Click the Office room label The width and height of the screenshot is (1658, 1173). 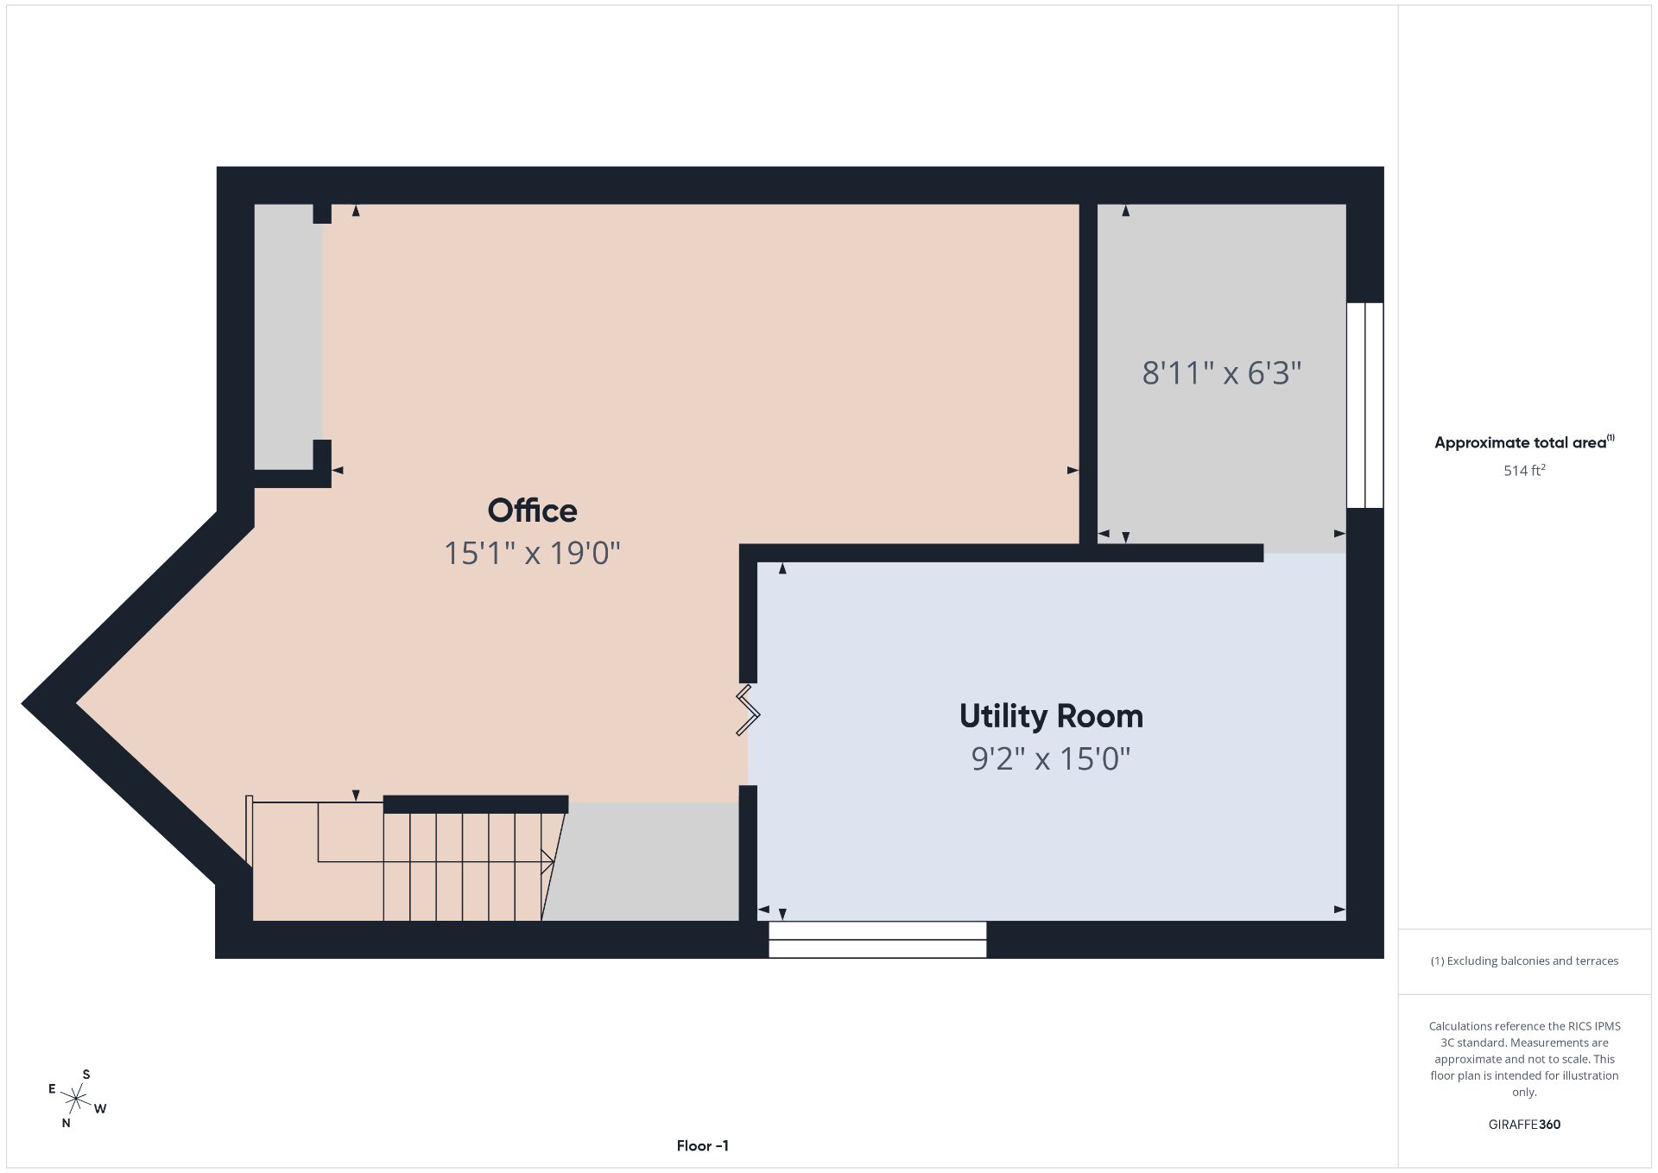point(532,510)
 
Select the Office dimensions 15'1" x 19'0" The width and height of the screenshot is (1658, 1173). point(532,553)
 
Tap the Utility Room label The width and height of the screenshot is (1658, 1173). point(1051,716)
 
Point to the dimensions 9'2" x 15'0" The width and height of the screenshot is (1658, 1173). point(1051,758)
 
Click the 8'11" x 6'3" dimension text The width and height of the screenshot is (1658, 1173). point(1222,373)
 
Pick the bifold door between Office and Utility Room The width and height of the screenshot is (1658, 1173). point(748,710)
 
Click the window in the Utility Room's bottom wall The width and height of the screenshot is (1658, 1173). point(877,940)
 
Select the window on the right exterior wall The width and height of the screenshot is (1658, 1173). point(1365,405)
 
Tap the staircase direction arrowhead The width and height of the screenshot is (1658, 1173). point(547,861)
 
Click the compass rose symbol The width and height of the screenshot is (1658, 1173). point(77,1099)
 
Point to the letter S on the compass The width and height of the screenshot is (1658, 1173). point(86,1075)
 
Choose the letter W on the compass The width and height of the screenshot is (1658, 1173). point(100,1109)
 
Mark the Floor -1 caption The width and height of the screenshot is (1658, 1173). point(703,1145)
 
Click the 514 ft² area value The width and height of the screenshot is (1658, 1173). point(1524,471)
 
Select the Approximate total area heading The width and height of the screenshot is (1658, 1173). point(1524,442)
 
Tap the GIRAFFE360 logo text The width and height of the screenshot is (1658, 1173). point(1524,1125)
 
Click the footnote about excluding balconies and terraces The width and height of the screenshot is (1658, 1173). point(1524,961)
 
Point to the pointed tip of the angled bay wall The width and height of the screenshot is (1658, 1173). point(22,705)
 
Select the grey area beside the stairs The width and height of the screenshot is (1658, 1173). point(643,862)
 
